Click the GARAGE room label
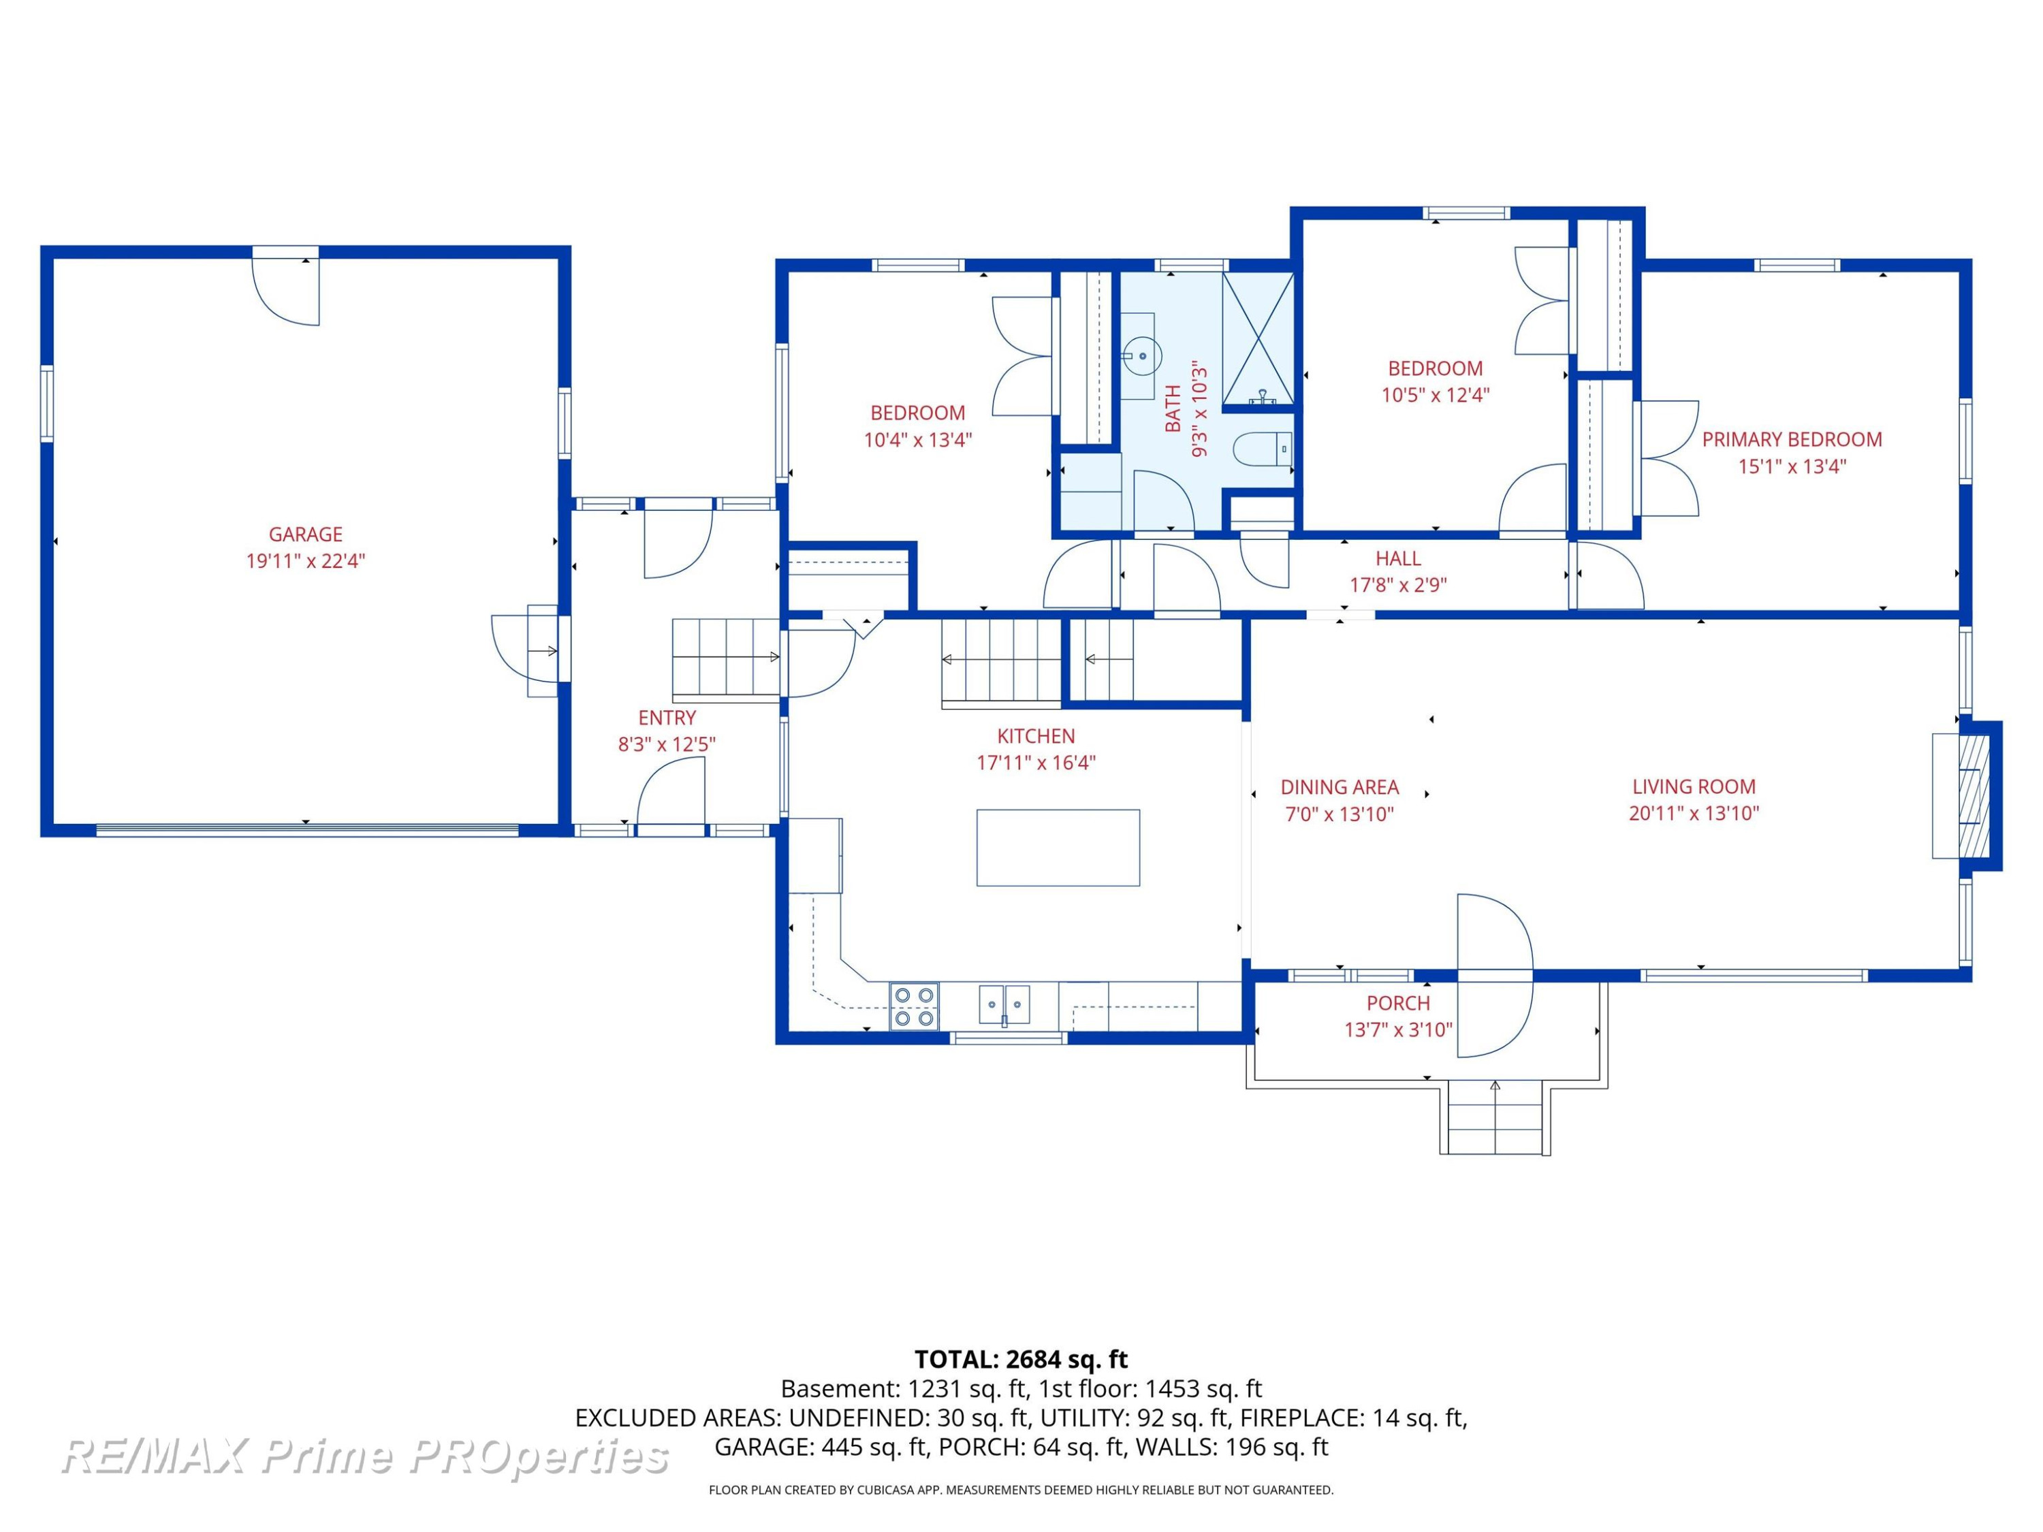306,534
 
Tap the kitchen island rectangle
1058,848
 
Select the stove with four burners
913,1006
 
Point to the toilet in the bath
1263,449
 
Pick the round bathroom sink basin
1143,355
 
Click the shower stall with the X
1258,340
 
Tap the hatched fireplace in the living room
1968,795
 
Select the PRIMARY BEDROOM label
1792,440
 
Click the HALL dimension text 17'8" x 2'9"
1398,584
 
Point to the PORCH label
1398,1003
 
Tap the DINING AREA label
1340,788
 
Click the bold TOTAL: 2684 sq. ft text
1022,1359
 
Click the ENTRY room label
667,718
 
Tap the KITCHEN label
1036,736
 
